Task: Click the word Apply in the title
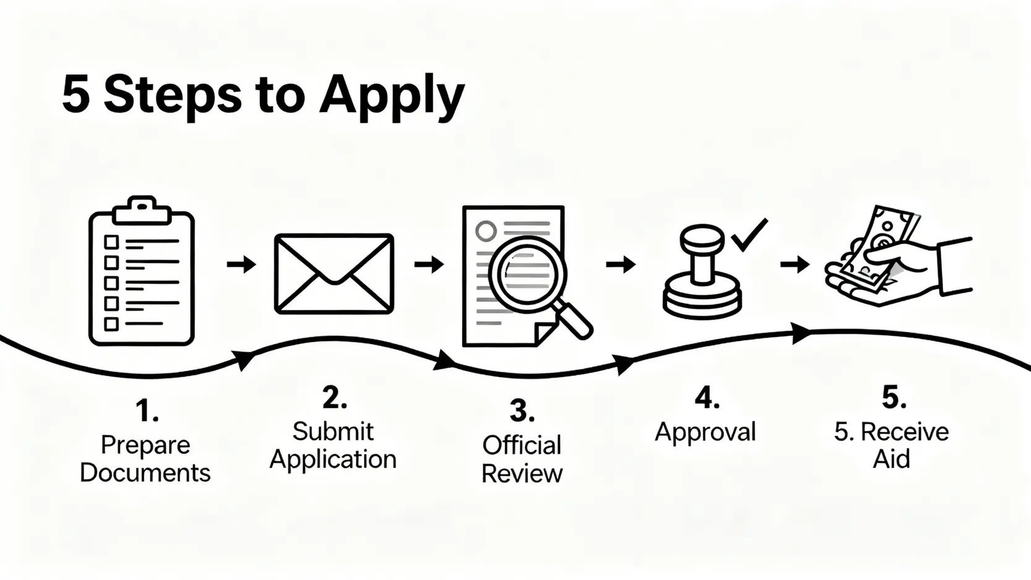coord(391,96)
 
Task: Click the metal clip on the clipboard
coord(142,210)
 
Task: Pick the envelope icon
coord(334,273)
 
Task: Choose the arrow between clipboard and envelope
coord(241,265)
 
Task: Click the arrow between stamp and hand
coord(795,265)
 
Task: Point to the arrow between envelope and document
coord(429,265)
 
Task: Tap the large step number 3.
coord(521,411)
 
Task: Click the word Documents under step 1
coord(145,473)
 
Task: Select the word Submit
coord(333,431)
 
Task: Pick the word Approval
coord(705,432)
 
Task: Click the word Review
coord(522,474)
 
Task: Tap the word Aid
coord(891,459)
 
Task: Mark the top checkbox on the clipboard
coord(111,241)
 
